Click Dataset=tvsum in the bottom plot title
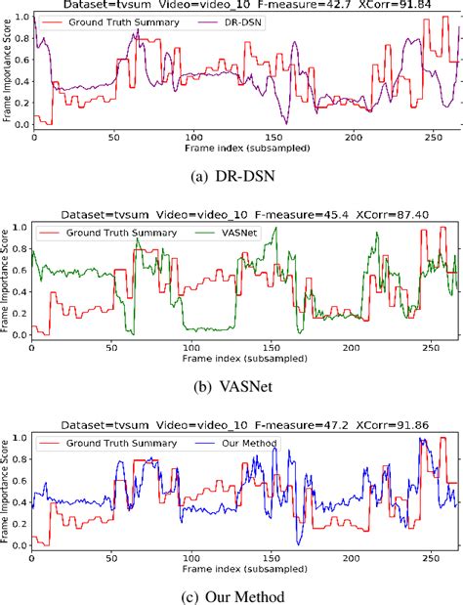click(x=91, y=427)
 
